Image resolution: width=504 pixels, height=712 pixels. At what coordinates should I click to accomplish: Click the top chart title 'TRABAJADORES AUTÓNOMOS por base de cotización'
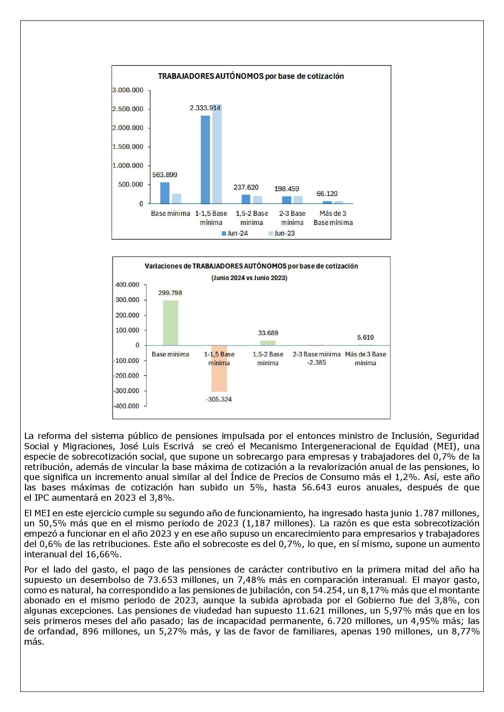point(251,76)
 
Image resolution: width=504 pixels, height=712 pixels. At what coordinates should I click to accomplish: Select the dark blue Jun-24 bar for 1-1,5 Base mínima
point(205,160)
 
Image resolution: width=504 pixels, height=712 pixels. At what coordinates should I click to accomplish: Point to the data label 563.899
point(165,175)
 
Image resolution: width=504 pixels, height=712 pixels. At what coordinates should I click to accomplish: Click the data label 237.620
point(246,187)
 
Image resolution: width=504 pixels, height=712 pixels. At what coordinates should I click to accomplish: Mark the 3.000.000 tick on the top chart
point(128,90)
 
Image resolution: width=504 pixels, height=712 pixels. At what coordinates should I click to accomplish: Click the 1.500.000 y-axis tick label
point(128,147)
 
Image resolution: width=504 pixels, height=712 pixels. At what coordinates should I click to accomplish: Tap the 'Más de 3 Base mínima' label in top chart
point(333,218)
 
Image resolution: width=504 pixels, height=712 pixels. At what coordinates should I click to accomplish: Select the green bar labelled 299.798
point(170,322)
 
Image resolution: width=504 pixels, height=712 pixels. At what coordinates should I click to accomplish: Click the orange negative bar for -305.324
point(219,368)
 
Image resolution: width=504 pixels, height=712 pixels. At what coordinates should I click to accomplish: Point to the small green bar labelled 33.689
point(268,343)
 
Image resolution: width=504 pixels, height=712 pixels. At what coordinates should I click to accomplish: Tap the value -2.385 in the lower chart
point(317,363)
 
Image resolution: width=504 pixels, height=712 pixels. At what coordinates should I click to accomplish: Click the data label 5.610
point(365,337)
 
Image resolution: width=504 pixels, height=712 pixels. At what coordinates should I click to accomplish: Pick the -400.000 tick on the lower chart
point(126,406)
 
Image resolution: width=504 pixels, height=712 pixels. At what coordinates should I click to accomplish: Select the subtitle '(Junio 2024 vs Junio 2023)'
point(250,278)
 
